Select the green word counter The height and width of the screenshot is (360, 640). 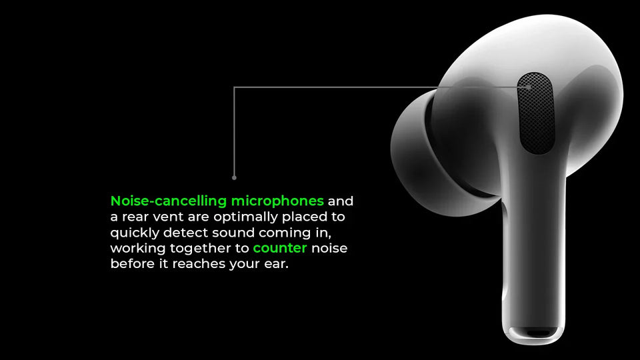tap(280, 248)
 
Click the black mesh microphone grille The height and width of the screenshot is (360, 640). tap(536, 113)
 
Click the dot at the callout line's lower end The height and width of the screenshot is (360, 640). tap(234, 177)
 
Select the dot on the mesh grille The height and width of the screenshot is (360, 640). tap(529, 87)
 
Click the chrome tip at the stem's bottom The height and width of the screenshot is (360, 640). tap(531, 333)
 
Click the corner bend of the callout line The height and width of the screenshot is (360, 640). tap(234, 87)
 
